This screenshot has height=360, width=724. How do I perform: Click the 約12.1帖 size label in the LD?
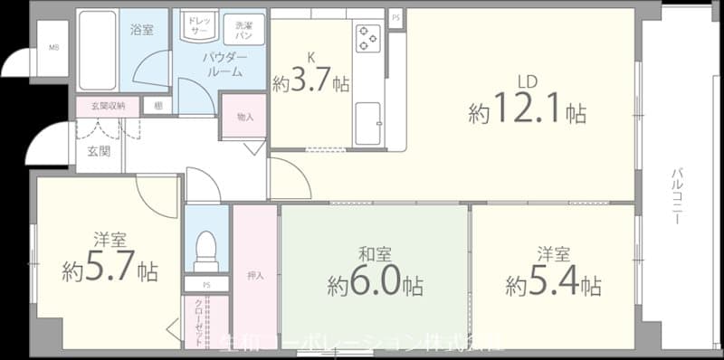tap(527, 113)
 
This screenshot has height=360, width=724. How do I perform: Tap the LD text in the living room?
tap(528, 82)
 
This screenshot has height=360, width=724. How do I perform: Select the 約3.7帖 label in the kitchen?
tap(311, 84)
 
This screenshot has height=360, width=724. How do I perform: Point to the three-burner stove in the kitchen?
tap(367, 37)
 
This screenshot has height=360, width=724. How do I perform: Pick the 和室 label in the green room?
tap(374, 254)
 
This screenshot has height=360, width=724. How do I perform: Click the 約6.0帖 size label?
tap(374, 285)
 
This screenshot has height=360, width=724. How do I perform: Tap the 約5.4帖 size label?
tap(553, 285)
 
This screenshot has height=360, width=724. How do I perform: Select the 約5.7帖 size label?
tap(110, 270)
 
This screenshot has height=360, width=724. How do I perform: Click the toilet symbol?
tap(206, 251)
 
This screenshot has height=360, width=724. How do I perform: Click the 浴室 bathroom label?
tap(141, 29)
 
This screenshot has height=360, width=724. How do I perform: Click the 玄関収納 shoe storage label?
tap(108, 105)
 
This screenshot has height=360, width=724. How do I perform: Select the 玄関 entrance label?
tap(99, 151)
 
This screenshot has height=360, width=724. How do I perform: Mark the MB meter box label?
tap(54, 47)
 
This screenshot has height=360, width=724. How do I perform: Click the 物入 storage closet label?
tap(244, 117)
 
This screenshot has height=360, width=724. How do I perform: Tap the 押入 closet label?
tap(254, 274)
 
